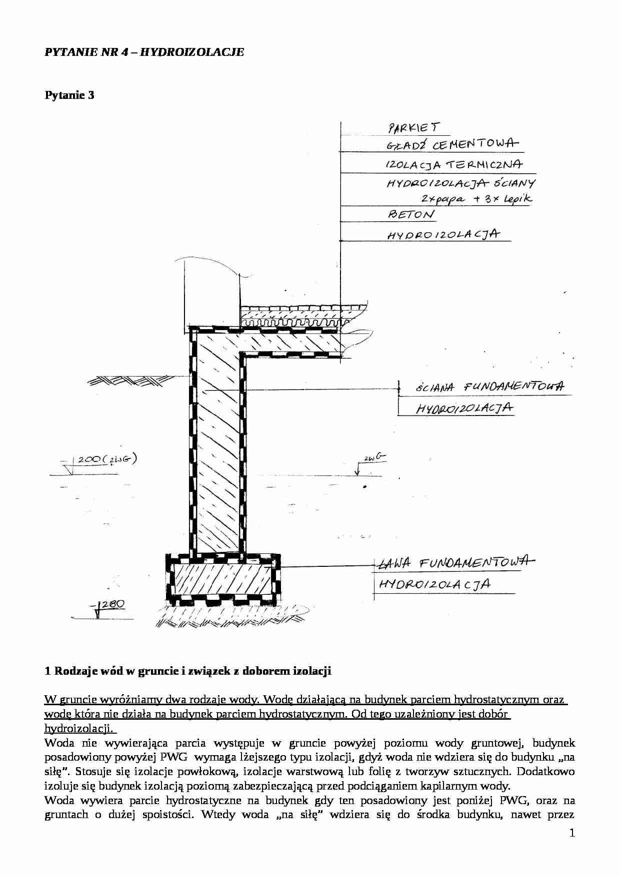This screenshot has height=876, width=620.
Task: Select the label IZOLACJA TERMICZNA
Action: pos(454,165)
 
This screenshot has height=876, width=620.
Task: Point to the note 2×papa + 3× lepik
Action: pos(476,199)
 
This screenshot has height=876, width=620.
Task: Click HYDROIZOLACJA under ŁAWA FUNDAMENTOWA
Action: pos(434,584)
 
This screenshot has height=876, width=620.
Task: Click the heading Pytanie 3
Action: pos(69,95)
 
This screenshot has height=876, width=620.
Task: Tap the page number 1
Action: pos(572,833)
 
